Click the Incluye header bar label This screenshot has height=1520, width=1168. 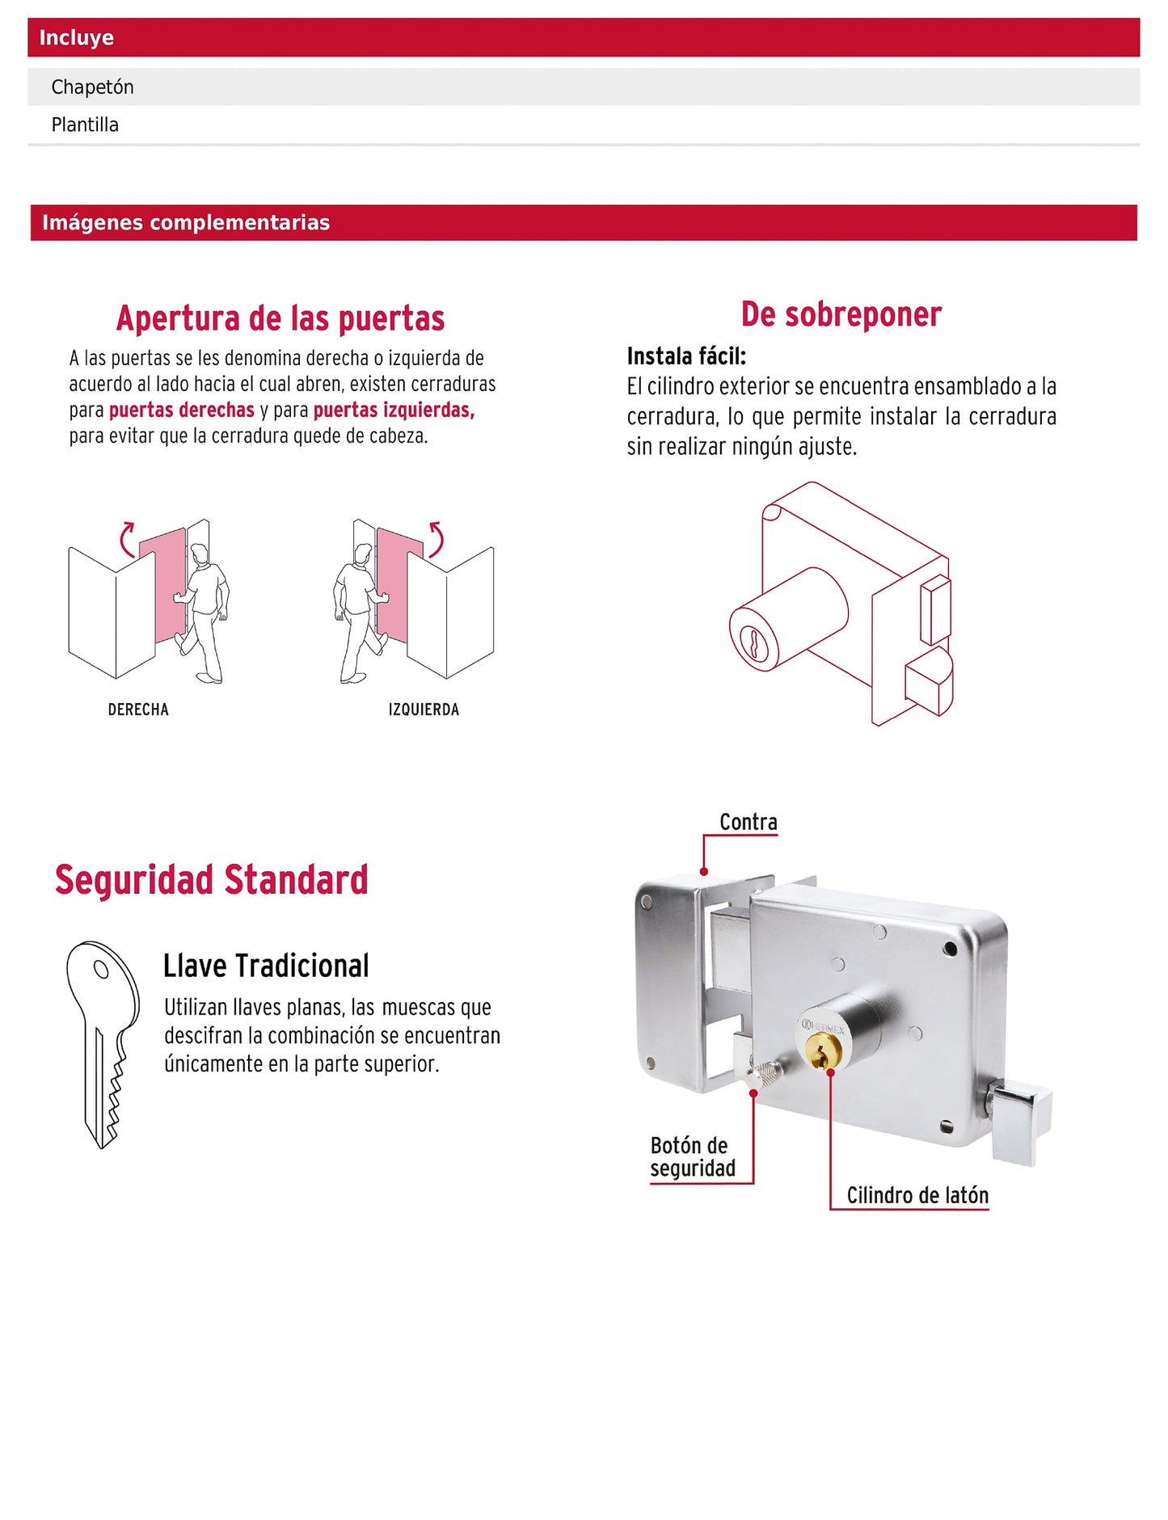click(x=76, y=38)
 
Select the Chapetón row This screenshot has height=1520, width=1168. click(x=92, y=87)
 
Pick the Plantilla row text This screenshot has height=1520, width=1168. click(x=85, y=125)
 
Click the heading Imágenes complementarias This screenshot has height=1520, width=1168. click(x=186, y=223)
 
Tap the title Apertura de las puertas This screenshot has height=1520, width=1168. click(x=280, y=318)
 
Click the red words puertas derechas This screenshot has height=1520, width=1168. click(x=181, y=411)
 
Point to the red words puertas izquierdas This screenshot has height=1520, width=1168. click(x=394, y=411)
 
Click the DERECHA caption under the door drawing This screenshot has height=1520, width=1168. click(x=138, y=709)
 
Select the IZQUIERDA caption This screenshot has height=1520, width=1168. click(x=424, y=709)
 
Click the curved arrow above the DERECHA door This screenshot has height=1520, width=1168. click(x=127, y=539)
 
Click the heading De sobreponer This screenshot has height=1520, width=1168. click(x=841, y=314)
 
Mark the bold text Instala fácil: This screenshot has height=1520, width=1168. click(x=686, y=356)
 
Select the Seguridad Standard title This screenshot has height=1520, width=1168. click(x=211, y=880)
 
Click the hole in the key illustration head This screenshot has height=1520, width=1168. click(x=101, y=968)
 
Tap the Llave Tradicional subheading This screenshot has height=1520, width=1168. click(x=266, y=966)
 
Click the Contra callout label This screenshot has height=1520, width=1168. click(x=748, y=823)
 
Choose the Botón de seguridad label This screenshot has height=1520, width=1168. click(x=693, y=1156)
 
